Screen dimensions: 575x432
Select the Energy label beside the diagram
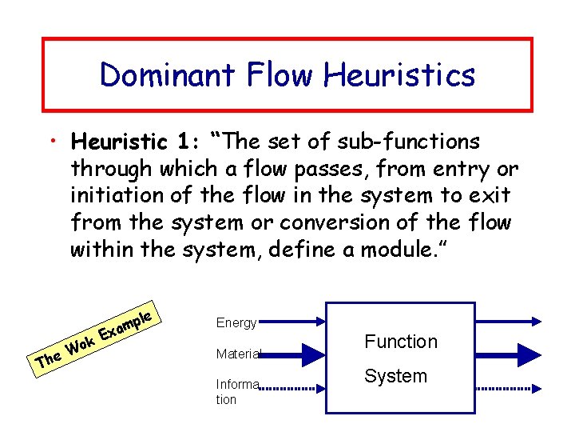[x=236, y=323]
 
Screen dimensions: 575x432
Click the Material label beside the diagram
[x=237, y=353]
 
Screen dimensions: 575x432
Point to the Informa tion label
[x=237, y=391]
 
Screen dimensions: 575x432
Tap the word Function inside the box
[x=401, y=342]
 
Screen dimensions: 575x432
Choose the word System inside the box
[x=395, y=376]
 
